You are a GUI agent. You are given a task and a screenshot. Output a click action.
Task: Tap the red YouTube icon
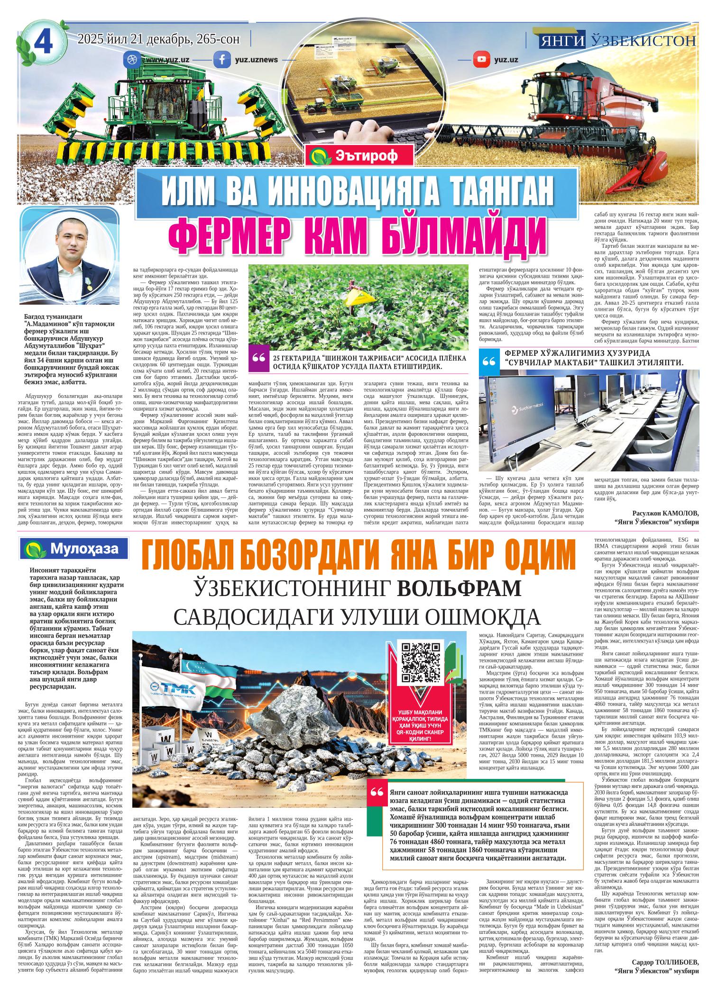pyautogui.click(x=481, y=60)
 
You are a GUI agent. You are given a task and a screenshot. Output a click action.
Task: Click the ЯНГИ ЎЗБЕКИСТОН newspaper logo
pyautogui.click(x=617, y=41)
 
